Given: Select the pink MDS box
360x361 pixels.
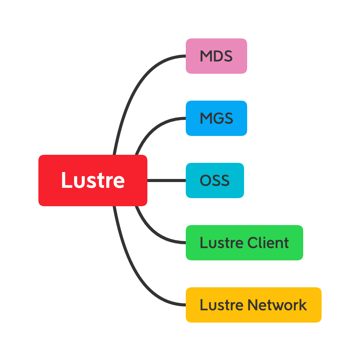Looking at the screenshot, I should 216,56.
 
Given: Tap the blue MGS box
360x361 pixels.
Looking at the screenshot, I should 216,118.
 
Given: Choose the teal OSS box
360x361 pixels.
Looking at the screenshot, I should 215,180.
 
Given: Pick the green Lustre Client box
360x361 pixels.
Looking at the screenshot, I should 244,243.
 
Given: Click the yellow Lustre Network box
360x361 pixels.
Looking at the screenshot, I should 253,305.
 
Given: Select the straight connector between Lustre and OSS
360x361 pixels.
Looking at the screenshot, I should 167,180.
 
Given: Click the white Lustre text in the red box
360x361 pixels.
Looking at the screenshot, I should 93,180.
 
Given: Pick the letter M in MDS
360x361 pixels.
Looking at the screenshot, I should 206,56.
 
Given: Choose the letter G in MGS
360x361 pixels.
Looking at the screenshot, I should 217,119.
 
